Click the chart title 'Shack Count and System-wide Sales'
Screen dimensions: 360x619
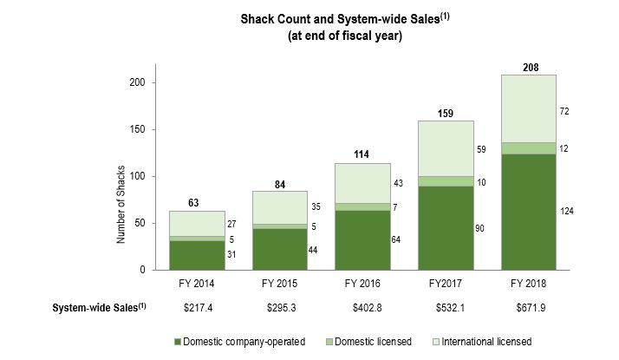pyautogui.click(x=309, y=20)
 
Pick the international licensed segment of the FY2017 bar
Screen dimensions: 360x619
pyautogui.click(x=446, y=148)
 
